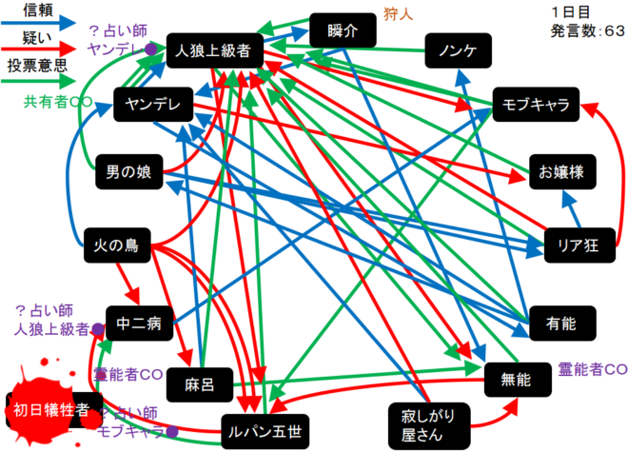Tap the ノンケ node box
458,50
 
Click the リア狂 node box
578,244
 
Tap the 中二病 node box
140,323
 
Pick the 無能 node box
519,380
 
